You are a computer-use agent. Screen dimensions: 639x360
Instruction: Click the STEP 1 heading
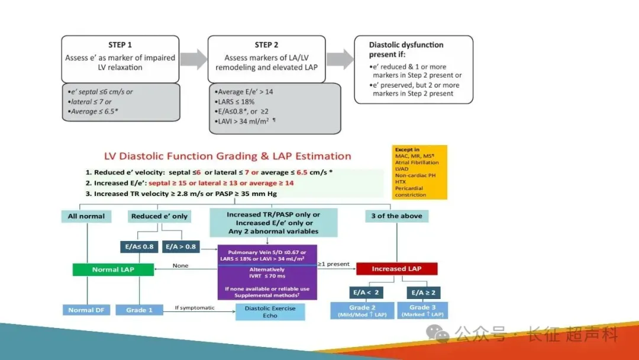(120, 45)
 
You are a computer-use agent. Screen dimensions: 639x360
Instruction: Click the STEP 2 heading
(266, 45)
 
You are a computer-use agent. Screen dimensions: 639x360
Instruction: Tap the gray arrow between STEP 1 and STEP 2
(193, 59)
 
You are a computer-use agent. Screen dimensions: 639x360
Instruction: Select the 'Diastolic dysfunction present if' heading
(406, 49)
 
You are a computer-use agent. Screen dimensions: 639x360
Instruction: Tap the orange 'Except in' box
(420, 172)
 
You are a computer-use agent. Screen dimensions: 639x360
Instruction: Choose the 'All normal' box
(86, 216)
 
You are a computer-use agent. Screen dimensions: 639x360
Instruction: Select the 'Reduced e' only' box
(159, 216)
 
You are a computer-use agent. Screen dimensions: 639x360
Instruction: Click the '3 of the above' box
(396, 216)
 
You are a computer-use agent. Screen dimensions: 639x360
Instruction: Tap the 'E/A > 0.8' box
(180, 246)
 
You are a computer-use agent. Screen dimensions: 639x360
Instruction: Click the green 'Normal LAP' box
(113, 269)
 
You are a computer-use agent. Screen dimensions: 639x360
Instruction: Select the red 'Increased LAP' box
(396, 269)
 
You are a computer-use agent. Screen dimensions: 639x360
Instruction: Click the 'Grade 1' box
(139, 310)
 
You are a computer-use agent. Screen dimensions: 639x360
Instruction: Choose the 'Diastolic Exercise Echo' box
(270, 312)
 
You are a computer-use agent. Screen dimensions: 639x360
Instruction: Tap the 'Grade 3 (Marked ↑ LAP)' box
(422, 310)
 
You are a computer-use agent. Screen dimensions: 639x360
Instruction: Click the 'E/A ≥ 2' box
(424, 292)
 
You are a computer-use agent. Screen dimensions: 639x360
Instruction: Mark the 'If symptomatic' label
(195, 308)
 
